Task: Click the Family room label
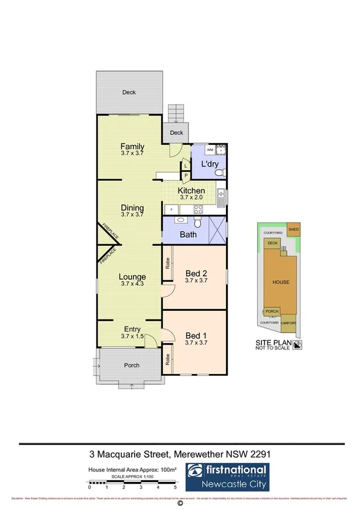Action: point(132,146)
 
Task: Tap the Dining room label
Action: point(132,208)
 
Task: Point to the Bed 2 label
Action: point(196,272)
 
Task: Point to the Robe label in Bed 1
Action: point(168,359)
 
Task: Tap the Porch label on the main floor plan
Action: point(132,365)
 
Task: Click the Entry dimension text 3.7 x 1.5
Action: point(132,337)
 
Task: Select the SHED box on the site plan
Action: point(294,229)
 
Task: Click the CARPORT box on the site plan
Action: point(289,322)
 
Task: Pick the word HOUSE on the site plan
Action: point(281,281)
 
